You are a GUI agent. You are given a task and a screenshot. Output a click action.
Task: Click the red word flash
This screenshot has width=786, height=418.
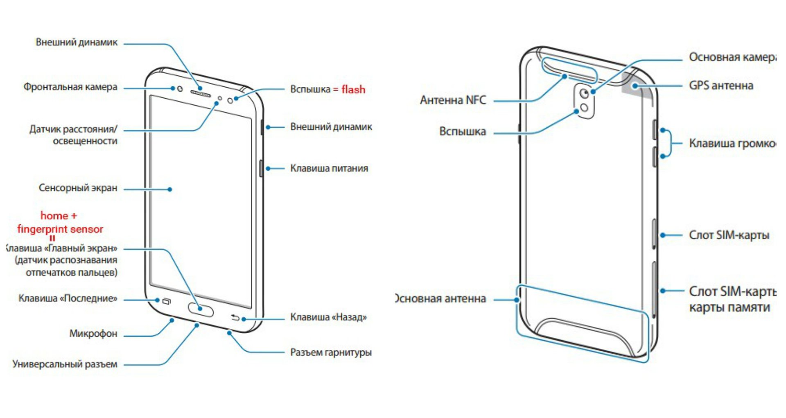353,89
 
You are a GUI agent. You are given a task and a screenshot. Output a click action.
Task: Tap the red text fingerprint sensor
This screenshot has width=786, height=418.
60,229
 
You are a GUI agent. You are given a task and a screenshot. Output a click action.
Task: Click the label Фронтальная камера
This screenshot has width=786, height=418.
70,87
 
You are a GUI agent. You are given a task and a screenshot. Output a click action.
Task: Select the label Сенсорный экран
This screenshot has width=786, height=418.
78,188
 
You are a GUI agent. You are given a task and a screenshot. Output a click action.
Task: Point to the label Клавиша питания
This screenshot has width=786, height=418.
329,168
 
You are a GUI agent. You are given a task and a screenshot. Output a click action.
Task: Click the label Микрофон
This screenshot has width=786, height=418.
93,334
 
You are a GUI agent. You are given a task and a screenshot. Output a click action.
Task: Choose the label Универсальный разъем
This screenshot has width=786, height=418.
65,364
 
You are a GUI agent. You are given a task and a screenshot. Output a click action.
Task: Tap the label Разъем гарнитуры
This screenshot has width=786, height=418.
331,352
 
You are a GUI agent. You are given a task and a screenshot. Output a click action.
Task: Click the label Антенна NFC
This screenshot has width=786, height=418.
453,100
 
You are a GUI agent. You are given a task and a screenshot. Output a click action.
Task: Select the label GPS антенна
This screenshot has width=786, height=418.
721,86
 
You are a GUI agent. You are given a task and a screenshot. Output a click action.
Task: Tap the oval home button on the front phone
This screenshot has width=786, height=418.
201,310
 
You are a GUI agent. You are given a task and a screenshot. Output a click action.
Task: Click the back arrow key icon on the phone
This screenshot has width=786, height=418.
235,317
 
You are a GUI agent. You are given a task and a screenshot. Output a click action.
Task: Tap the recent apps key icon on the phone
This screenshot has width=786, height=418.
166,302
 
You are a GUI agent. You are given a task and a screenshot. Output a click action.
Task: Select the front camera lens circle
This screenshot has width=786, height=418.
179,89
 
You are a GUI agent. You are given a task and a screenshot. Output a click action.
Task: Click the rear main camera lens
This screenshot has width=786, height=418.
585,94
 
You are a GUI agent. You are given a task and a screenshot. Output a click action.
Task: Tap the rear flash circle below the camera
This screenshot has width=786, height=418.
585,108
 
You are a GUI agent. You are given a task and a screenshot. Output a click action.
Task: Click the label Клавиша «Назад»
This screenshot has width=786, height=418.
328,317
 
